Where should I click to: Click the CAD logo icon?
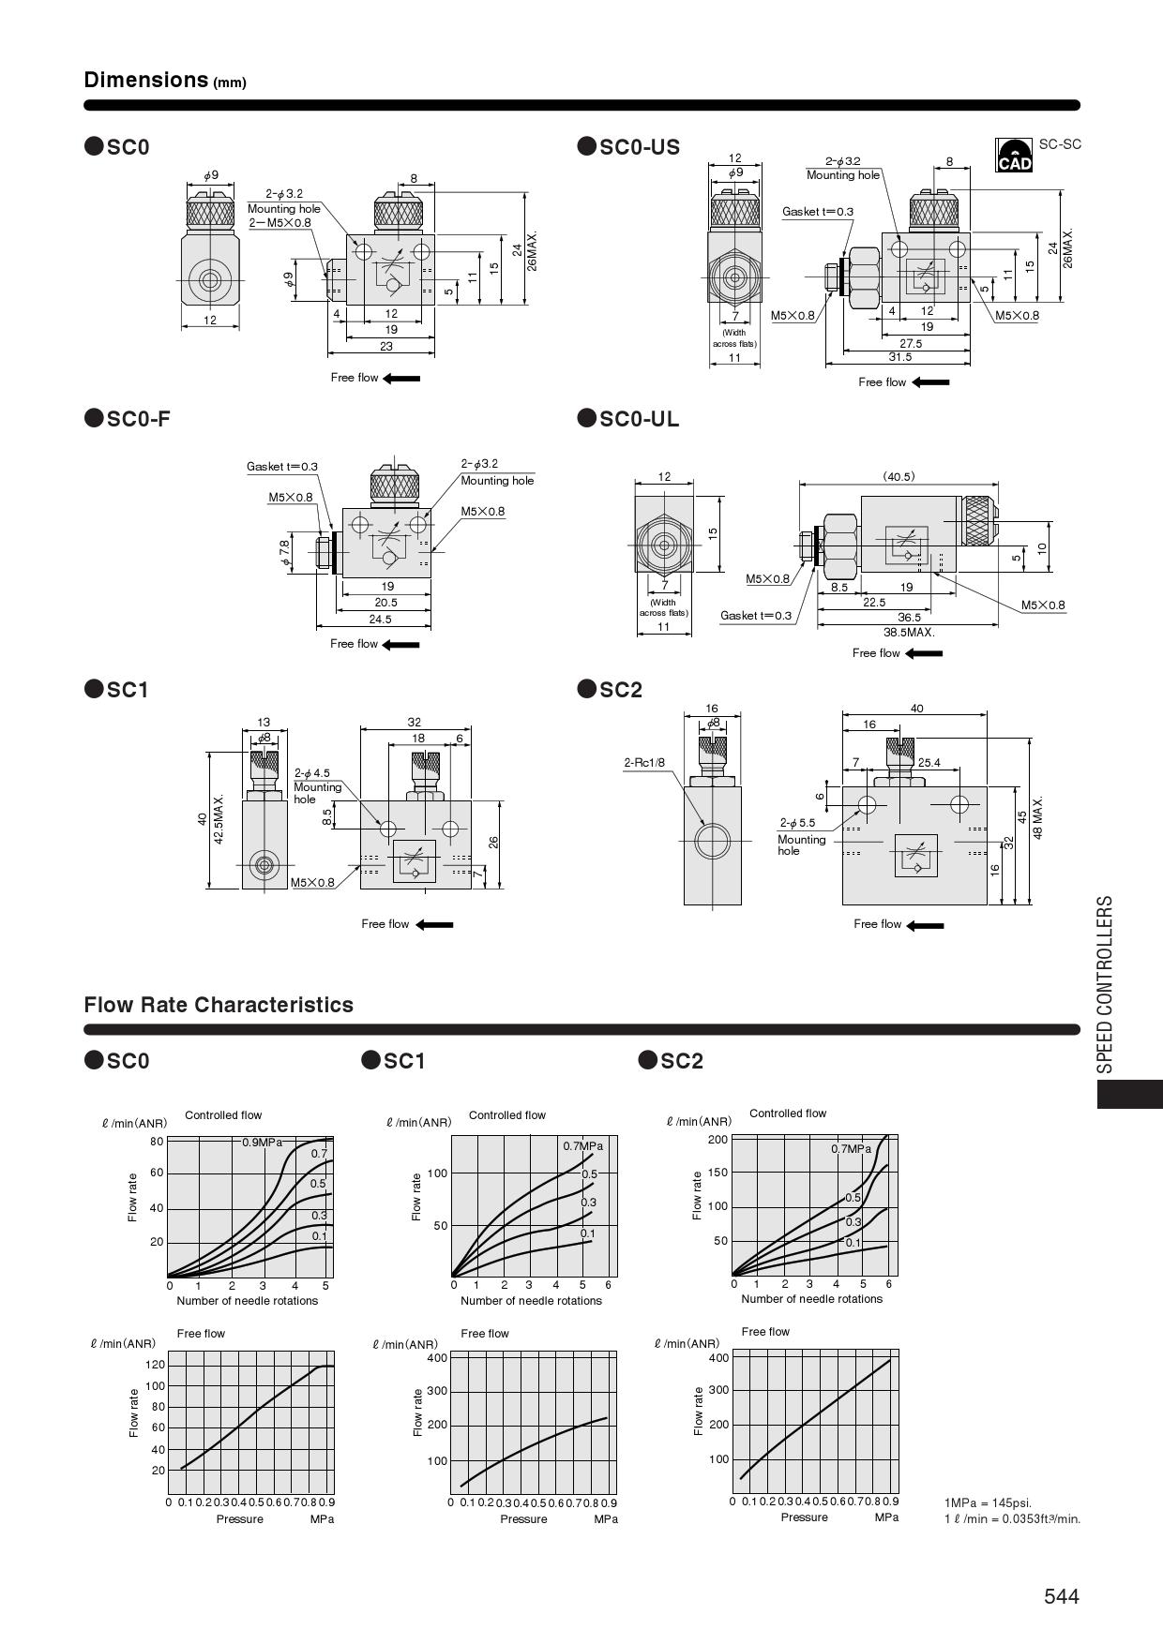pos(1014,156)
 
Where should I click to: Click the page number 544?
pos(1062,1596)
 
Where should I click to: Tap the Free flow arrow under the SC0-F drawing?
pos(401,644)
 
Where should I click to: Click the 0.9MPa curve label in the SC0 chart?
pos(262,1143)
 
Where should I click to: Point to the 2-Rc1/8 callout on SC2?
pos(644,763)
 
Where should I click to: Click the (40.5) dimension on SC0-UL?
pos(898,476)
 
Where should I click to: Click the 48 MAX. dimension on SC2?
pos(1038,817)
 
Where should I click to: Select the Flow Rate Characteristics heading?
pos(219,1005)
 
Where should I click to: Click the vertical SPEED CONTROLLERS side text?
pos(1106,984)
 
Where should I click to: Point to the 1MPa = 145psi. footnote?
pos(988,1503)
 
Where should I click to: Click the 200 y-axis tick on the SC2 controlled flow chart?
pos(717,1140)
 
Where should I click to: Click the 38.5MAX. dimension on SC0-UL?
pos(909,632)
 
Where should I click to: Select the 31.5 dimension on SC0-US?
pos(899,357)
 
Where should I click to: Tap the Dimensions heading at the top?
pos(145,80)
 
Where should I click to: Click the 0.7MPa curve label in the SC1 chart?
pos(582,1146)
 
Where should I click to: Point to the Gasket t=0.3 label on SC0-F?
pos(282,467)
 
